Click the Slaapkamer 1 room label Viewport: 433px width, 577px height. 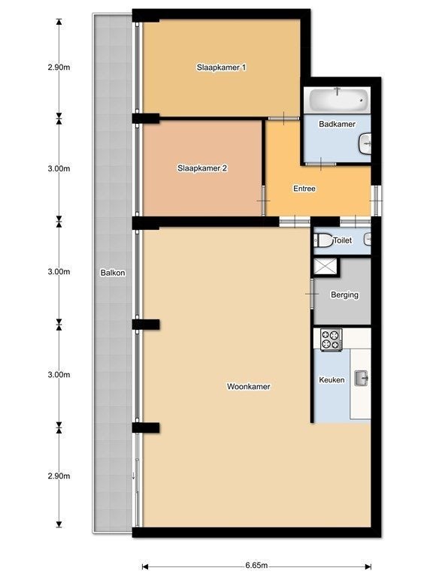(221, 68)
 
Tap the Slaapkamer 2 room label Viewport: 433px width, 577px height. (202, 168)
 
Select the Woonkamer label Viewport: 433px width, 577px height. (249, 386)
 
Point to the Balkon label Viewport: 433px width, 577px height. (113, 273)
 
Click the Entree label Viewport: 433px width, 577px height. (304, 189)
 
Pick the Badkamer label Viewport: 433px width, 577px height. (337, 124)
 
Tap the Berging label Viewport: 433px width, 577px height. (344, 295)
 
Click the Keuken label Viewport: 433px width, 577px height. (332, 379)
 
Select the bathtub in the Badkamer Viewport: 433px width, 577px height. (338, 99)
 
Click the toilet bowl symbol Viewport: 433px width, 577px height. (323, 240)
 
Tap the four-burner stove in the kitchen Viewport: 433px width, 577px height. (331, 340)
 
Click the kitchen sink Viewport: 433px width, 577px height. (361, 378)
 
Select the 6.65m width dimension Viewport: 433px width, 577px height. (256, 565)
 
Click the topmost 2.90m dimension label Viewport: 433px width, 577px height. (59, 68)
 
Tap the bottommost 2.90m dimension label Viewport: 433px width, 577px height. (59, 476)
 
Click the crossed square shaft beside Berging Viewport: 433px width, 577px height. (325, 266)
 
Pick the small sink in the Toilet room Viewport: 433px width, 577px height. (368, 240)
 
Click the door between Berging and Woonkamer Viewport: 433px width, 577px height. (312, 294)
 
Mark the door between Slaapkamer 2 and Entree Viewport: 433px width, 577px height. (264, 201)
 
